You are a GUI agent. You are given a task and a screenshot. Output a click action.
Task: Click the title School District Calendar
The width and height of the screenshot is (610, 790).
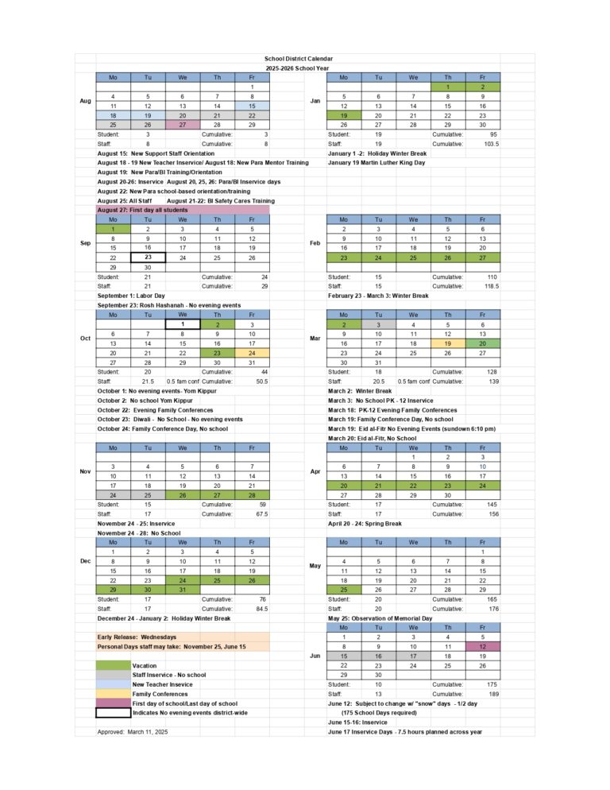[x=299, y=59]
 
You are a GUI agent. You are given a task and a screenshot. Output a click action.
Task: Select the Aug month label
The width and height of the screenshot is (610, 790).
[x=85, y=101]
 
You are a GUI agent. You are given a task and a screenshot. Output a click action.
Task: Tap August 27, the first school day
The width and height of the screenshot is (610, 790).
[x=182, y=126]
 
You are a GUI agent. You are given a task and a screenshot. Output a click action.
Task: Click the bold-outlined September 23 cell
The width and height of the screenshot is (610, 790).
[x=148, y=257]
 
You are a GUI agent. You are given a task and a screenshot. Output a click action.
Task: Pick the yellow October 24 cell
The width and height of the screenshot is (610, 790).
[x=251, y=353]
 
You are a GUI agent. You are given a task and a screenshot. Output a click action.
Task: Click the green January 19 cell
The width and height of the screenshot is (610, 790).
[x=344, y=115]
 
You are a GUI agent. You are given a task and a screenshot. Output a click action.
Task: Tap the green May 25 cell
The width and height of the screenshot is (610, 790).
[x=344, y=590]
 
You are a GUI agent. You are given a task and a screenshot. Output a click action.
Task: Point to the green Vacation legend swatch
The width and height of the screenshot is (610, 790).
[x=113, y=665]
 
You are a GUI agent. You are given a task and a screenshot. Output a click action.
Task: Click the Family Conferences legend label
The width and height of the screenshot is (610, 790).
[x=161, y=693]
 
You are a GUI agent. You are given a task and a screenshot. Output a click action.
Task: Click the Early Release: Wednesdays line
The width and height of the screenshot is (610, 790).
[x=137, y=637]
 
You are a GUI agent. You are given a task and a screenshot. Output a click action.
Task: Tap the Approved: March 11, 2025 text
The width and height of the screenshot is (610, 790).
[x=133, y=731]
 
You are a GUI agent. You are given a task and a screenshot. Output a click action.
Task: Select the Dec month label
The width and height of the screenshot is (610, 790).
[x=85, y=561]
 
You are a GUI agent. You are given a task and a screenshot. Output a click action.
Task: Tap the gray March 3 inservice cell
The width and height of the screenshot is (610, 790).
[x=378, y=324]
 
